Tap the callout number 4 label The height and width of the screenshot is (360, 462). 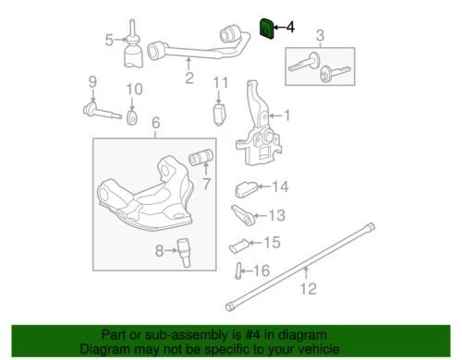292,29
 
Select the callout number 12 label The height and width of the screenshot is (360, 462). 308,289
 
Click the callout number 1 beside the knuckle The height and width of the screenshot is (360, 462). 287,116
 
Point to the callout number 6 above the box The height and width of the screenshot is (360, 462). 155,123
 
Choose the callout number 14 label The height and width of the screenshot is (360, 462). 279,187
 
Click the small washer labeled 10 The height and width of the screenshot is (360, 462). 131,118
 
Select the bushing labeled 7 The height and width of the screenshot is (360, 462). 201,158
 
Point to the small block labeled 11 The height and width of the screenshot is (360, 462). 220,114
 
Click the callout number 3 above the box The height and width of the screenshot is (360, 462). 321,37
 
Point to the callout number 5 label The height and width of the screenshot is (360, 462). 109,39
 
